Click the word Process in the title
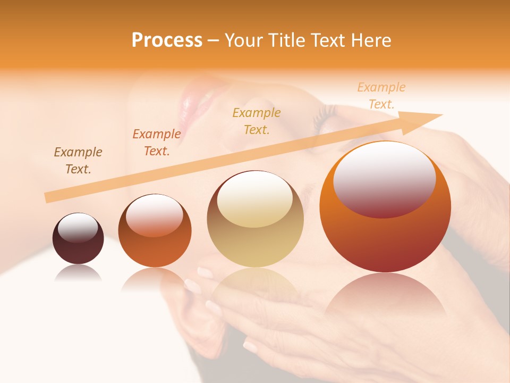click(x=167, y=40)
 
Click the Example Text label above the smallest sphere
click(x=78, y=161)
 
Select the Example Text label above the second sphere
click(x=156, y=143)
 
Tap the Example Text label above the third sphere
click(x=257, y=121)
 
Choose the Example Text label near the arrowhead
click(x=381, y=96)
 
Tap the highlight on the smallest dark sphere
click(x=78, y=228)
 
